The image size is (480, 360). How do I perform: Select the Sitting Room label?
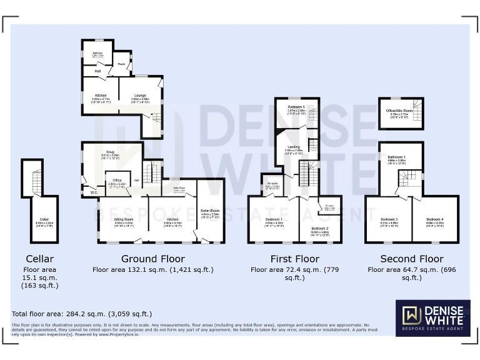(x=124, y=220)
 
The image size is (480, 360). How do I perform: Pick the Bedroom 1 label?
(x=274, y=219)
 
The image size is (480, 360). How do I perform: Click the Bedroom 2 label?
(x=320, y=229)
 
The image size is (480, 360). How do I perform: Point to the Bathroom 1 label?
(x=396, y=157)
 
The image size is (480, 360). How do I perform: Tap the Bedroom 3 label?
(x=389, y=219)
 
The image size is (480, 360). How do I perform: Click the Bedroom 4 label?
(x=435, y=219)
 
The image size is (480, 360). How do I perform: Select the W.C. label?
(x=94, y=192)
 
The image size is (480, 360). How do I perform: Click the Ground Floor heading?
(x=153, y=259)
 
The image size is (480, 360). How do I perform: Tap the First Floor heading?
(x=294, y=259)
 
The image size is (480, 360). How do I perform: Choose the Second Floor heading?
(x=412, y=259)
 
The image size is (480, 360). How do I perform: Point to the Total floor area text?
(x=82, y=314)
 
